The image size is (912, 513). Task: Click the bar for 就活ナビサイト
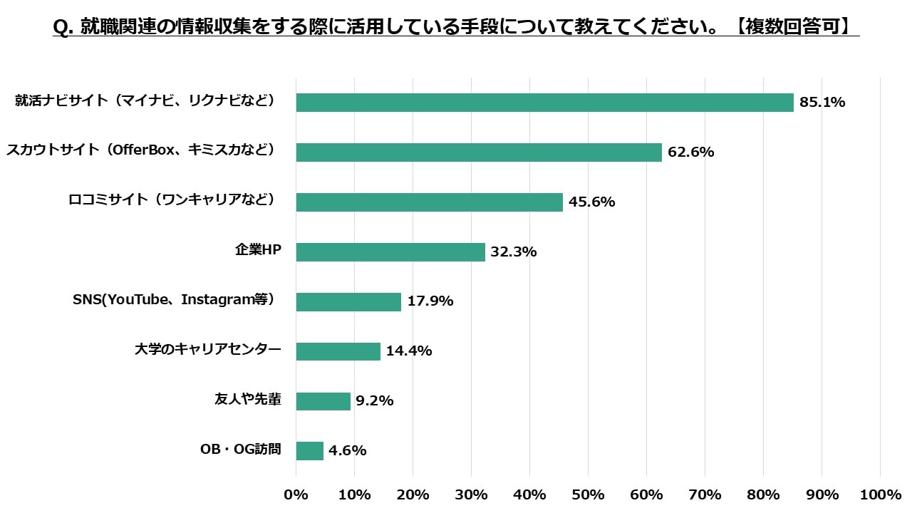544,103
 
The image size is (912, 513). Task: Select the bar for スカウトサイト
479,152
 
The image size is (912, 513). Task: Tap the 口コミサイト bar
429,202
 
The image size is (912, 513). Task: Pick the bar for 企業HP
390,252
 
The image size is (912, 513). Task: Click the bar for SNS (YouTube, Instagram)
348,301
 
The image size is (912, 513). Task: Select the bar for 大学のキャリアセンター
338,351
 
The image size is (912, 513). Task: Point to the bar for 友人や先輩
323,401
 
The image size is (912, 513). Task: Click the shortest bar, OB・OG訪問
309,451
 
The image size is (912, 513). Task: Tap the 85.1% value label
822,103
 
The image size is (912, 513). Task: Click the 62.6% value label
691,152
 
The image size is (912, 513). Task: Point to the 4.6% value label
348,451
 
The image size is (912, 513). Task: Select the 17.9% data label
430,301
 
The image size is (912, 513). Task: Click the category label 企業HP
258,250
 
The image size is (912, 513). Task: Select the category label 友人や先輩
248,400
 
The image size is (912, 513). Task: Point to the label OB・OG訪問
241,450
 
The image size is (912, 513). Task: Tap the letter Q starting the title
60,28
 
